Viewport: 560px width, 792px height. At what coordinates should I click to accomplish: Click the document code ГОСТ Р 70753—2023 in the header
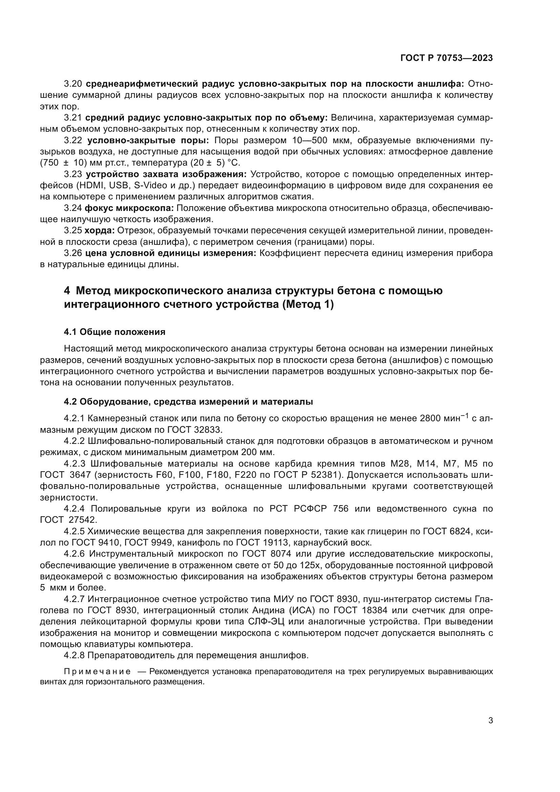tap(446, 58)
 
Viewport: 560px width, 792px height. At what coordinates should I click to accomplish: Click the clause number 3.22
tap(73, 141)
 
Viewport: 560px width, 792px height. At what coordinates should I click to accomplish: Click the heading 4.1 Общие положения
tap(114, 332)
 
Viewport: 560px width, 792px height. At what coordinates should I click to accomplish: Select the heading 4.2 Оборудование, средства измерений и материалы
tap(188, 402)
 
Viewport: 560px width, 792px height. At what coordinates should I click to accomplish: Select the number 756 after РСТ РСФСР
tap(341, 509)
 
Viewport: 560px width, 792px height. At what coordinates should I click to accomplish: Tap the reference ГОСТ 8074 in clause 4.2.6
tap(266, 554)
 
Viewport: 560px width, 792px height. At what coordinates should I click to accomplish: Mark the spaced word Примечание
tap(97, 671)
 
